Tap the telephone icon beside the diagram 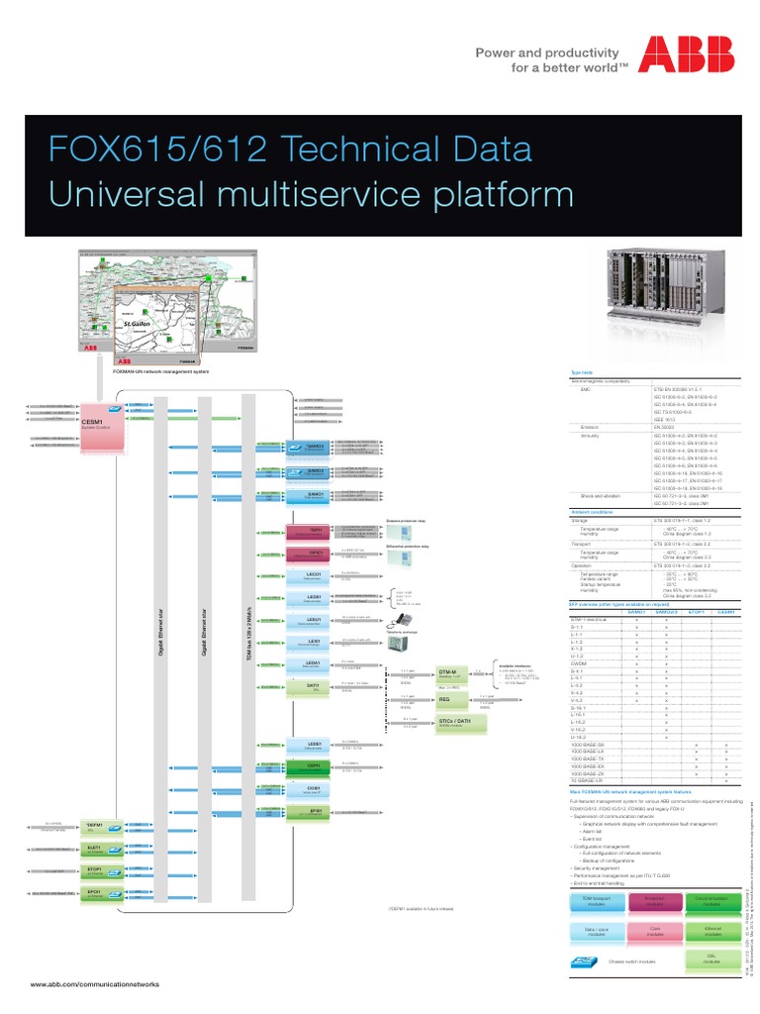click(403, 621)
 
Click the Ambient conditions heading click(593, 511)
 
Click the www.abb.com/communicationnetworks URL click(95, 984)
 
